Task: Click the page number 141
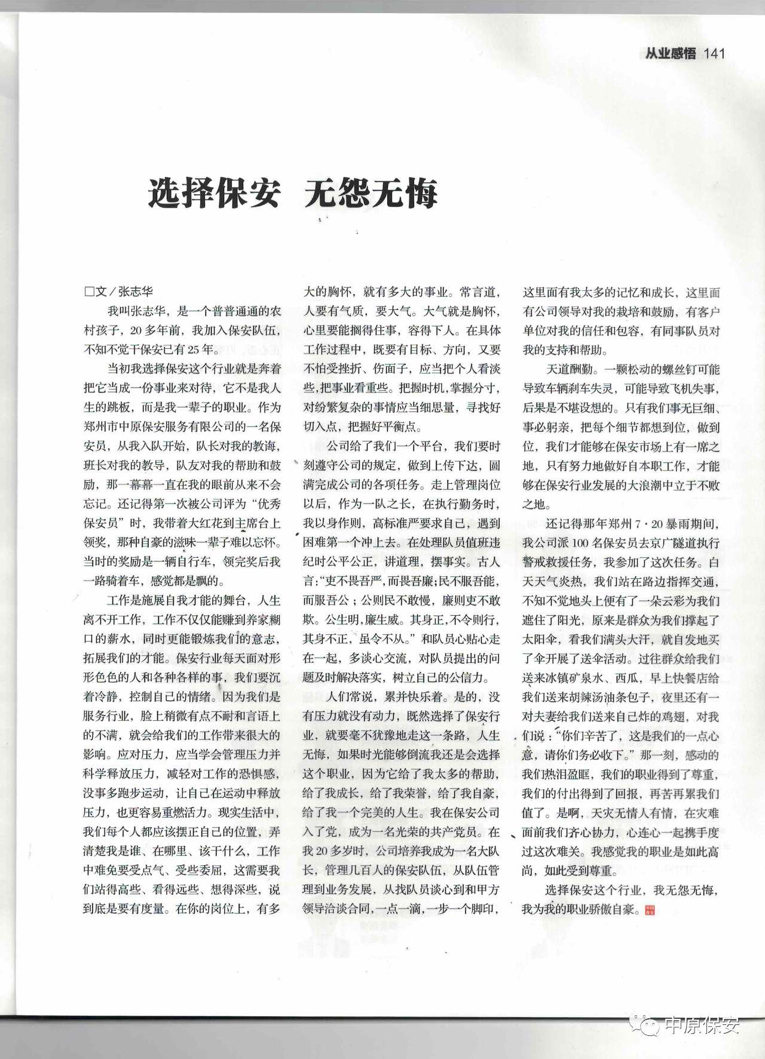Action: [715, 53]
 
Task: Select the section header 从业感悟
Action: [671, 53]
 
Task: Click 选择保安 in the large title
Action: [215, 193]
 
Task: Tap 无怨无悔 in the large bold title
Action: [371, 193]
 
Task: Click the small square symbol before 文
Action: [90, 291]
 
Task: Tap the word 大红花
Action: [194, 523]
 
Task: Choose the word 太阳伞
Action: [541, 639]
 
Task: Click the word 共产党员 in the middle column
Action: [454, 832]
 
